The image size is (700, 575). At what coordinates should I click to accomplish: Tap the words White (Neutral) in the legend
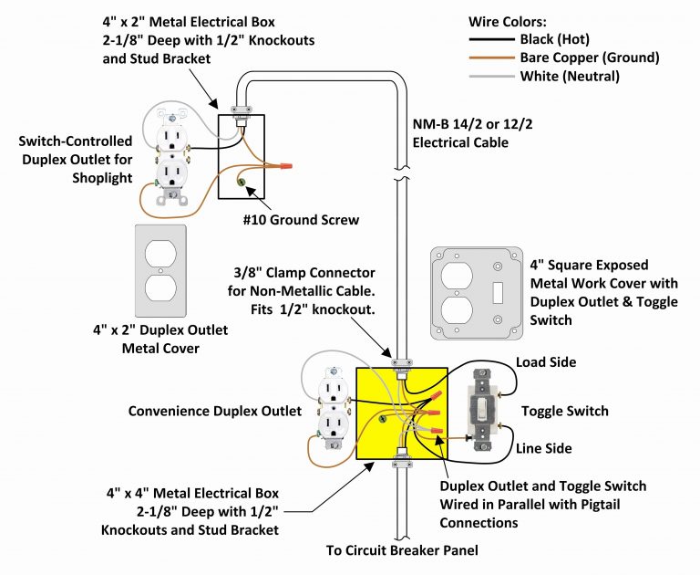[569, 77]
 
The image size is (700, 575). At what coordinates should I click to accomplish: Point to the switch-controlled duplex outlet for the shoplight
[170, 156]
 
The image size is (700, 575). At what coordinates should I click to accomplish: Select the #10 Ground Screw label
[301, 220]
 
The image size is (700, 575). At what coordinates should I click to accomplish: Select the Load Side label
[546, 362]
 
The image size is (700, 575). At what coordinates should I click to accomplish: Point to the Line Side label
[544, 448]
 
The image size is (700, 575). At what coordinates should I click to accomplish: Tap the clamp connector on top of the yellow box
[400, 362]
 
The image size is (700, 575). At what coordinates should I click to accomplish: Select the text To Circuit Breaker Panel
[402, 550]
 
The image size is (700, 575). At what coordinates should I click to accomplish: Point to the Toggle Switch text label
[564, 412]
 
